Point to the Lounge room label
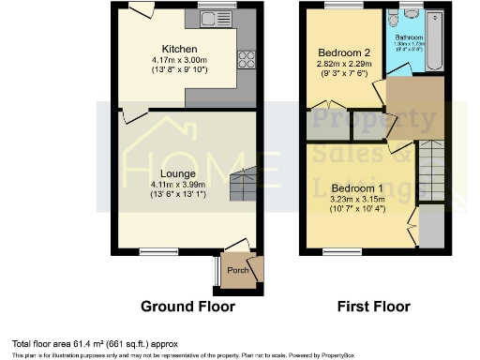coord(177,173)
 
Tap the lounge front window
coord(154,250)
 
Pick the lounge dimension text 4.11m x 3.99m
coord(177,186)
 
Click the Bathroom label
coord(409,37)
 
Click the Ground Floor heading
coord(187,306)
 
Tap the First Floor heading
coord(372,306)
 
